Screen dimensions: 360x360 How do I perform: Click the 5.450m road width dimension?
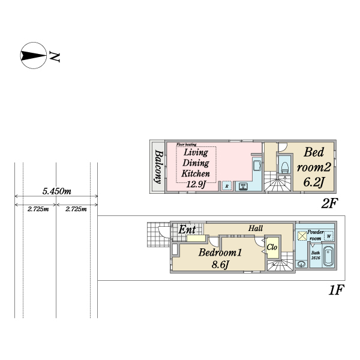click(57, 191)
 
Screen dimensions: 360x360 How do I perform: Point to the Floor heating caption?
click(187, 145)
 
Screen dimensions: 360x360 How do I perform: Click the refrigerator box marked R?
click(226, 186)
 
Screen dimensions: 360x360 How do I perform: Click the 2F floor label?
click(329, 203)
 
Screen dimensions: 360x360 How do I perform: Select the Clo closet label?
click(271, 247)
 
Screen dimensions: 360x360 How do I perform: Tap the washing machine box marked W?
click(329, 236)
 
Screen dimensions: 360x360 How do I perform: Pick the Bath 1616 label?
click(315, 256)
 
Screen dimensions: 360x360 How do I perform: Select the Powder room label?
click(316, 235)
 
